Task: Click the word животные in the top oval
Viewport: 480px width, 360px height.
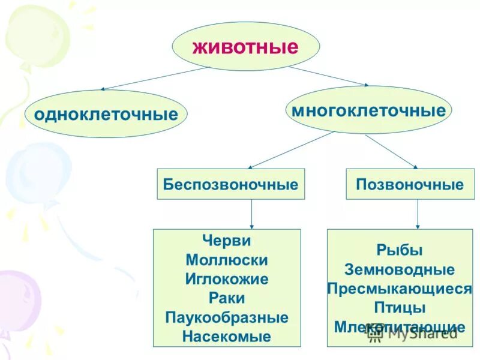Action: pos(245,47)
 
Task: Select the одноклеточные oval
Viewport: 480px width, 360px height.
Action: pos(106,114)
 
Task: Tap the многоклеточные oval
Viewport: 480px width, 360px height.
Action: pos(368,110)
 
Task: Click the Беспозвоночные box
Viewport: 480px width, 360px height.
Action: pos(230,184)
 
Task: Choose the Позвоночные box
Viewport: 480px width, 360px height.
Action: pos(410,184)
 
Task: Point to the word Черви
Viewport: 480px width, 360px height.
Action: pos(227,241)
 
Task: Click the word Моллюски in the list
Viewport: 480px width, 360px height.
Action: pos(227,260)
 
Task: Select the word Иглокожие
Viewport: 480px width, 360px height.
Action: pos(227,280)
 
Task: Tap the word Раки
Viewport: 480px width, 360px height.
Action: pos(227,298)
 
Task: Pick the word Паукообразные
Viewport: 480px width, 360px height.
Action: pos(227,317)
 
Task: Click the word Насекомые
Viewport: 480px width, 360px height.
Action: pos(227,337)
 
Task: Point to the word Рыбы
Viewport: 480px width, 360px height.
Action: pos(400,251)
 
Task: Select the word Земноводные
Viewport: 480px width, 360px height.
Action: pos(400,270)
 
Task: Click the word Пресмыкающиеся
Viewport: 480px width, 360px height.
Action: pos(400,289)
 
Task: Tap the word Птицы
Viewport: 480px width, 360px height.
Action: pos(400,308)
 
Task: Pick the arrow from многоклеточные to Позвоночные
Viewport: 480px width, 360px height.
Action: pos(391,151)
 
